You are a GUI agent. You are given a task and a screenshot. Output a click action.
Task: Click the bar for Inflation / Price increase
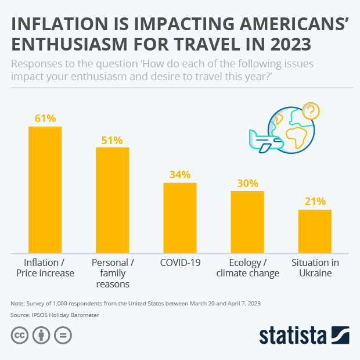45,189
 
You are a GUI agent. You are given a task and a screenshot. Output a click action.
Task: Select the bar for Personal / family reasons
112,200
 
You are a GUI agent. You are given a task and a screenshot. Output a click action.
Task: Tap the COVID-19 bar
180,218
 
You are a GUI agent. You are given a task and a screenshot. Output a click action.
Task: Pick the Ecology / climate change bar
247,222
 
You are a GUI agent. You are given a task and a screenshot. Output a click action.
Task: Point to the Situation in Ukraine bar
315,231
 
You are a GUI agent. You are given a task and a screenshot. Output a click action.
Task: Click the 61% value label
45,118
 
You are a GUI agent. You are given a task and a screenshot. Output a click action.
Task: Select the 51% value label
112,140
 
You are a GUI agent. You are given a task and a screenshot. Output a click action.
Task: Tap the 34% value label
180,175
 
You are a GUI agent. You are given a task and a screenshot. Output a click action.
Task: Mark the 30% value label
247,183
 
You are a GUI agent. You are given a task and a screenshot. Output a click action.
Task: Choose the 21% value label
315,201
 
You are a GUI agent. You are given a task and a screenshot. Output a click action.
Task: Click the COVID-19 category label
180,262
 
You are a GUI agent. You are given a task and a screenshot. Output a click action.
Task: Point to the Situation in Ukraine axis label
315,268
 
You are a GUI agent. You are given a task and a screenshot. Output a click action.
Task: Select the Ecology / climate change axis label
247,268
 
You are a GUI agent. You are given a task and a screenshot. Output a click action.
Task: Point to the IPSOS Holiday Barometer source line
55,315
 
